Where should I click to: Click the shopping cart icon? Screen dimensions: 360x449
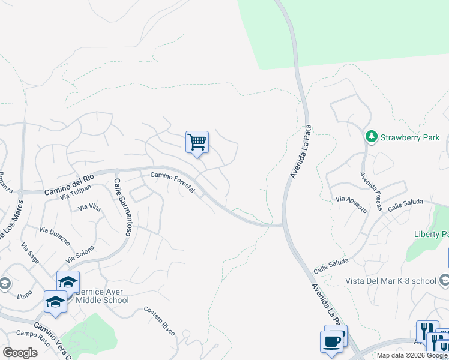(x=197, y=142)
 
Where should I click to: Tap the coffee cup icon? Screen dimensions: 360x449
(x=333, y=341)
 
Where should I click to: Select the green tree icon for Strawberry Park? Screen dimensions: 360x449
(x=372, y=137)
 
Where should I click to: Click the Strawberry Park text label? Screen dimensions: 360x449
(x=411, y=137)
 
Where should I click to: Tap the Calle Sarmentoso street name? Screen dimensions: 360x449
(x=122, y=206)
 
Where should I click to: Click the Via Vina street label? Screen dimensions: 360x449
(x=89, y=208)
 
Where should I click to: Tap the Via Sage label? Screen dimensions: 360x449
(x=29, y=253)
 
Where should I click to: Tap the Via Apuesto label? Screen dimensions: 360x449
(x=351, y=203)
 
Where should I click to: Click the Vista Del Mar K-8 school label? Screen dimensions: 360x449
(x=391, y=281)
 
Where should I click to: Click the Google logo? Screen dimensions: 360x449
(x=20, y=353)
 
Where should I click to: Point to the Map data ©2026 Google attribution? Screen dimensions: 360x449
(x=412, y=355)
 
